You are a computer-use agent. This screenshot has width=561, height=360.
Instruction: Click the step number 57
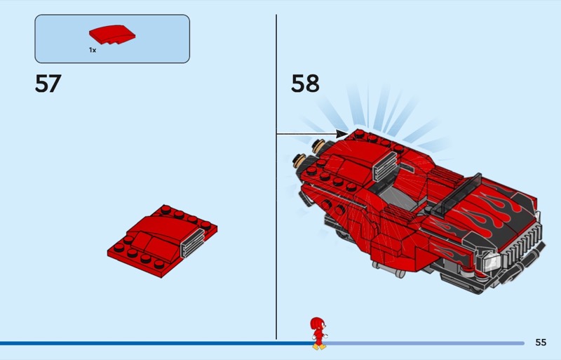(x=48, y=84)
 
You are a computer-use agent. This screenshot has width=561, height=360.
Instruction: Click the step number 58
(x=305, y=84)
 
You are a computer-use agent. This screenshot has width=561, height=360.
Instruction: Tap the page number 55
(x=541, y=342)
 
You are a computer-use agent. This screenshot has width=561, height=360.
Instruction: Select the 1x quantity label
(x=93, y=50)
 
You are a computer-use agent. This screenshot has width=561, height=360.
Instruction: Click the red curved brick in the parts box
(x=112, y=35)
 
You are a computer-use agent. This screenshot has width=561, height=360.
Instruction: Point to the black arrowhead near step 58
(x=342, y=134)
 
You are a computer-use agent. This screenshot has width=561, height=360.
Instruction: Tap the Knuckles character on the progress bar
(x=318, y=333)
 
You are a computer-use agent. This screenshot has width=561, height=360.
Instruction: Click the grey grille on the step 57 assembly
(x=193, y=242)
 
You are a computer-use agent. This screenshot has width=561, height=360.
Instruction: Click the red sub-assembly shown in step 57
(x=162, y=241)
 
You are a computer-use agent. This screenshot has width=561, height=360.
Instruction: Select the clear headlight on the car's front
(x=492, y=261)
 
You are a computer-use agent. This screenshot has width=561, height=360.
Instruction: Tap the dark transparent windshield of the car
(x=457, y=194)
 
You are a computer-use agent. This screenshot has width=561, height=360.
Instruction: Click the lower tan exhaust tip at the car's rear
(x=299, y=161)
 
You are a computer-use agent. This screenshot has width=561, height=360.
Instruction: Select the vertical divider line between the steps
(x=276, y=177)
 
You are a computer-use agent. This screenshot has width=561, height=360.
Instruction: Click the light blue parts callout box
(x=112, y=39)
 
